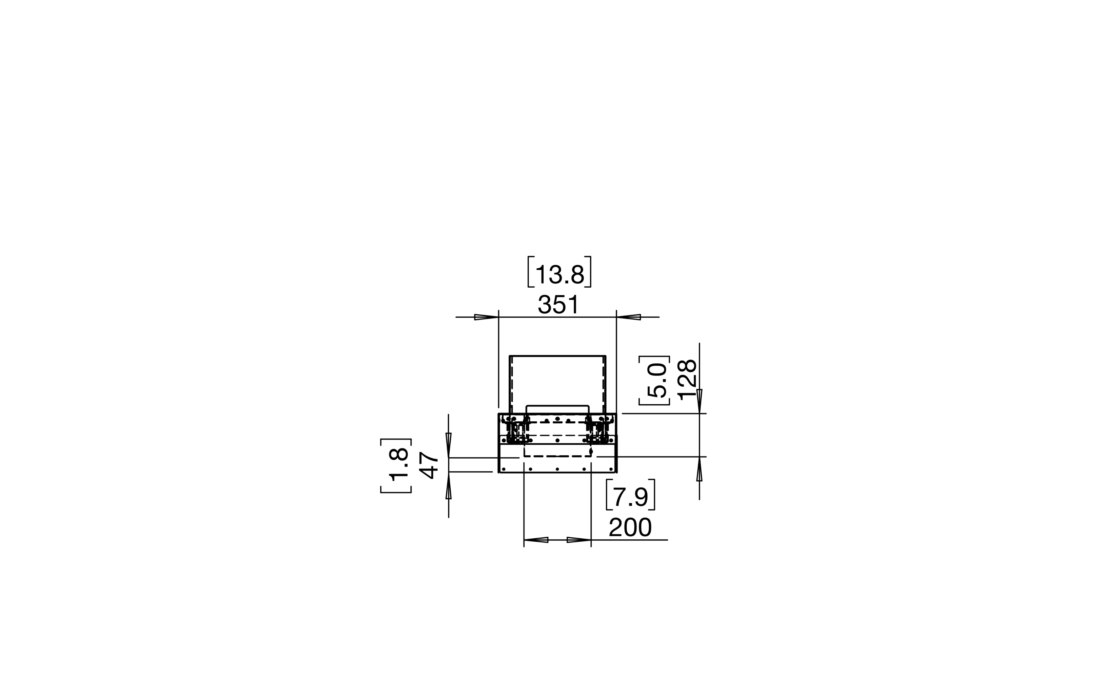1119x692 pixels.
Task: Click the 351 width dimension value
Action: click(x=558, y=304)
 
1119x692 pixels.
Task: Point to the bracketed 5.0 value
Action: click(x=656, y=380)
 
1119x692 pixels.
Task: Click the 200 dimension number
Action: click(x=630, y=527)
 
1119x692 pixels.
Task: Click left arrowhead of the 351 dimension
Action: click(x=486, y=317)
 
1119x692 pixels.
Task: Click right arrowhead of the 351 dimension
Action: click(x=629, y=317)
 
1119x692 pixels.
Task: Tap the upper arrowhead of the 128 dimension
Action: click(x=700, y=401)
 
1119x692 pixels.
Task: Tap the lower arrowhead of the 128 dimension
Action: click(x=700, y=469)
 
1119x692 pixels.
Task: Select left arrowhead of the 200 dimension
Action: click(x=536, y=540)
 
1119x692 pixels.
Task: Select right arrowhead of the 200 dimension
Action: click(x=579, y=540)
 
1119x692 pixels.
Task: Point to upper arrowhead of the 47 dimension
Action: click(x=449, y=445)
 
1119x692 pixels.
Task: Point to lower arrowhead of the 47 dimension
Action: click(x=449, y=486)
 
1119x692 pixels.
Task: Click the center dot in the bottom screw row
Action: click(x=557, y=469)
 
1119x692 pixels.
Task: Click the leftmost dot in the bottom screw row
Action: click(x=504, y=469)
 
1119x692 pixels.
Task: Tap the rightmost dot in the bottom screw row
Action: click(x=611, y=469)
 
